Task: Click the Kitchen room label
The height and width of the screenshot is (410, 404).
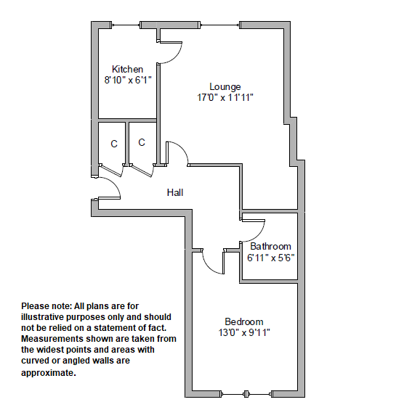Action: (x=127, y=69)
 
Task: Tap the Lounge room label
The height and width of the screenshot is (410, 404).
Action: (x=225, y=87)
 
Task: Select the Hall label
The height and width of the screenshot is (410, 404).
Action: (x=175, y=193)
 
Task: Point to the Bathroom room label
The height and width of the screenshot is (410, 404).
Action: (x=270, y=246)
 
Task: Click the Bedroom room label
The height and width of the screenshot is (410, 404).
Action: (x=244, y=321)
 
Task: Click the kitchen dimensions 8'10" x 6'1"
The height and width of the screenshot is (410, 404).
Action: (x=128, y=80)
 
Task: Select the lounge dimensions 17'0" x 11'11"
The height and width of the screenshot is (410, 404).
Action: (x=225, y=97)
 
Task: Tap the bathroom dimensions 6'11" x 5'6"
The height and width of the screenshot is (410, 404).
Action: (x=271, y=258)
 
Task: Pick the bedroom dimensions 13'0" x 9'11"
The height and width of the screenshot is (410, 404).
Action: (x=244, y=332)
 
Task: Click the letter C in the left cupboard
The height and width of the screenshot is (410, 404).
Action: (x=114, y=144)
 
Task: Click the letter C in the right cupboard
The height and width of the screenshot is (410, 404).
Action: (x=142, y=142)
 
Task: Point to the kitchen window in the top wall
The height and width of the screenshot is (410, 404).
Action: (x=126, y=25)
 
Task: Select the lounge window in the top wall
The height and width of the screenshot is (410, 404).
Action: (x=220, y=25)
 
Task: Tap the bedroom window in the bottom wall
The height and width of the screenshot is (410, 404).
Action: (x=246, y=394)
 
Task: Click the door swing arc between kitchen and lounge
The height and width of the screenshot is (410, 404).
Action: (x=176, y=57)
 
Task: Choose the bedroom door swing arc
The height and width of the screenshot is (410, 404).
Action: (x=209, y=267)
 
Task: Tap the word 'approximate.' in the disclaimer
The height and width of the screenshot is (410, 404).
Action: (x=49, y=373)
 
